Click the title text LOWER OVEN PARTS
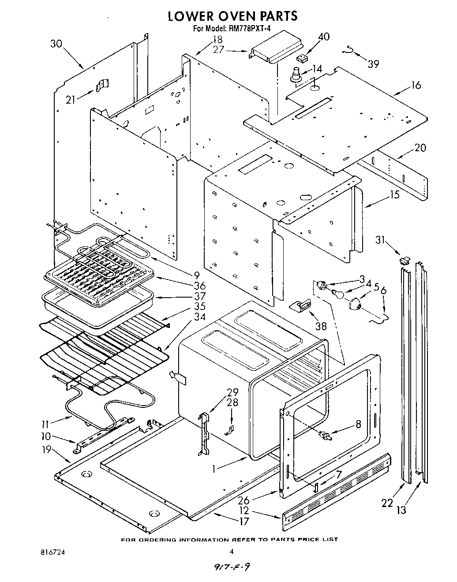pyautogui.click(x=232, y=16)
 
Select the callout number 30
pyautogui.click(x=56, y=43)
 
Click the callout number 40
pyautogui.click(x=323, y=37)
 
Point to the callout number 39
pyautogui.click(x=373, y=64)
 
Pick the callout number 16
pyautogui.click(x=416, y=86)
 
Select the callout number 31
pyautogui.click(x=380, y=240)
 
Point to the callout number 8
pyautogui.click(x=358, y=424)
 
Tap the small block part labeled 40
pyautogui.click(x=302, y=58)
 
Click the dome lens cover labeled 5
pyautogui.click(x=356, y=303)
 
